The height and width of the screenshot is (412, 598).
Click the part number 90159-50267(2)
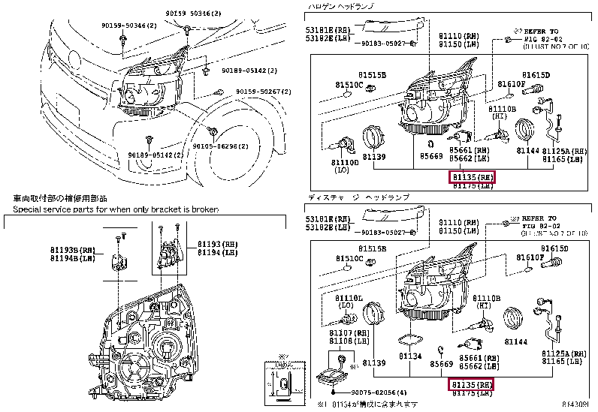(264, 92)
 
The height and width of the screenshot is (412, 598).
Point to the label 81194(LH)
(217, 252)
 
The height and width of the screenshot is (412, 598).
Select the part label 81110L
(349, 298)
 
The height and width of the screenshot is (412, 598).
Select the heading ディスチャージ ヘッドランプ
(358, 197)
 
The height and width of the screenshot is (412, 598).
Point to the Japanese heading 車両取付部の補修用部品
(61, 199)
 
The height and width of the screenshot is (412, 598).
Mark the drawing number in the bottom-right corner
(578, 405)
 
